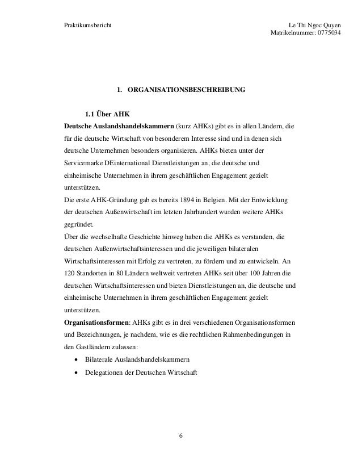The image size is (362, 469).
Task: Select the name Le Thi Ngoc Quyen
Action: [x=315, y=26]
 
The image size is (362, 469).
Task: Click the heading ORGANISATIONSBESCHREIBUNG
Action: [x=187, y=90]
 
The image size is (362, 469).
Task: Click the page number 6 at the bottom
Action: [x=180, y=436]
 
